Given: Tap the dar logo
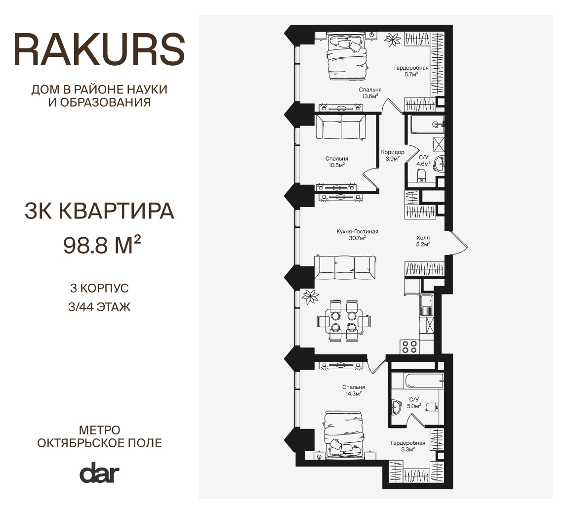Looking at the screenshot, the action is (99, 472).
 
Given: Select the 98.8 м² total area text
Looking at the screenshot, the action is (102, 245).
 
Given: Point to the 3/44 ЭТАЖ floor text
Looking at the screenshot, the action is (99, 307).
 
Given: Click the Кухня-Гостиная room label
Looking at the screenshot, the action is (357, 231).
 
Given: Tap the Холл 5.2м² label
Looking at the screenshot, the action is (423, 241).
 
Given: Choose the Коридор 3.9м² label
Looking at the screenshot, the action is (393, 155).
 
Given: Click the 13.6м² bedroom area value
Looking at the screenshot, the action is (370, 96).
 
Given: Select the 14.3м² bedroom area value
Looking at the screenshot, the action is (354, 393).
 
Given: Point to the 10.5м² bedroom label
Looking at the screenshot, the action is (336, 162).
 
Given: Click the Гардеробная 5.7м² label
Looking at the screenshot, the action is (411, 71).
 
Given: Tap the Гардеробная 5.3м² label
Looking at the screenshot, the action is (408, 446).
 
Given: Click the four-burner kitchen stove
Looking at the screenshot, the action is (409, 346).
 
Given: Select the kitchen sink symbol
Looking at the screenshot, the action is (426, 304).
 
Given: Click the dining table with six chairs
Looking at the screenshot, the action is (344, 321).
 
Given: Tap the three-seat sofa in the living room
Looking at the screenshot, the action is (345, 267).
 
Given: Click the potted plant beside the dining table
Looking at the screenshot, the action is (311, 297).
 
